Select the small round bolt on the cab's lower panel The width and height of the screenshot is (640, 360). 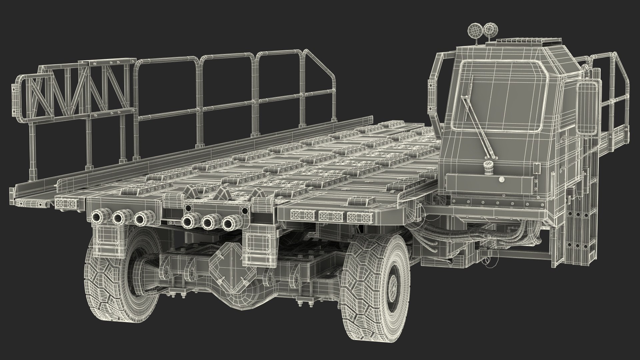[502, 180]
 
